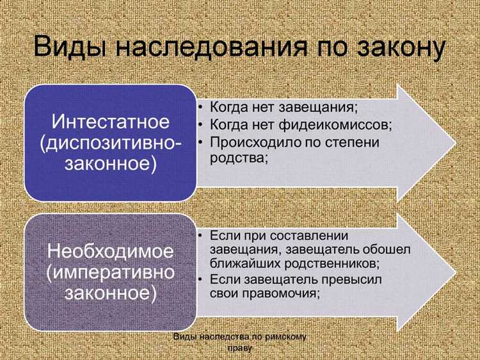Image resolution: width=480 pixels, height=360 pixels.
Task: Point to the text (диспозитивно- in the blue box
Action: click(x=111, y=143)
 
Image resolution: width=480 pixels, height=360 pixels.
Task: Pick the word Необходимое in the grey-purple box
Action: click(x=110, y=251)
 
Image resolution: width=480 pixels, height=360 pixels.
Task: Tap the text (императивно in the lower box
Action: click(x=110, y=272)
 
